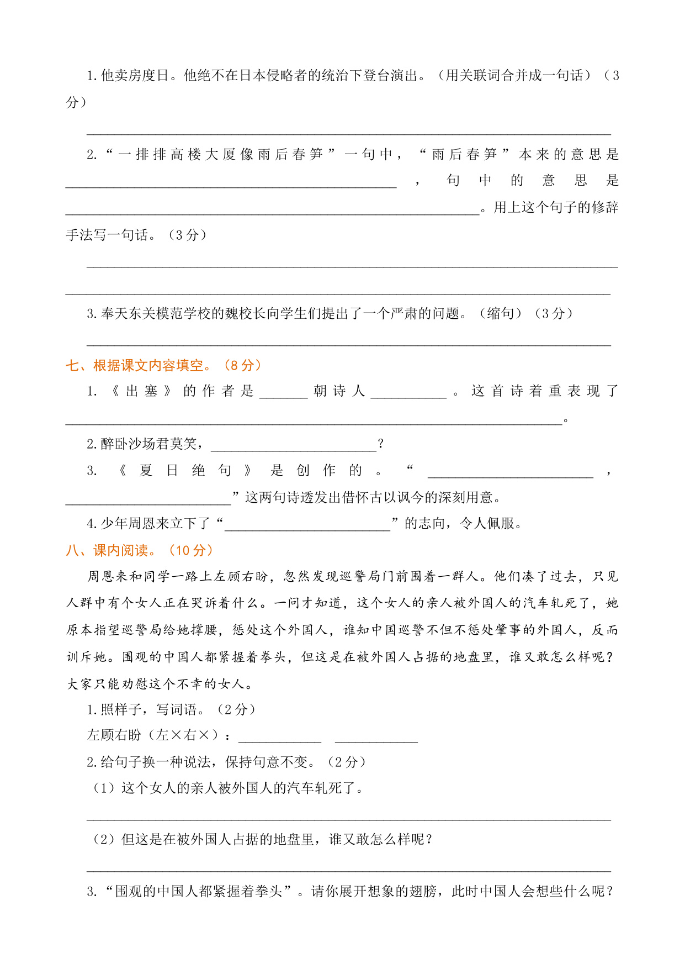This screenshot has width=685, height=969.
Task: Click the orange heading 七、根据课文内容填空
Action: (x=138, y=365)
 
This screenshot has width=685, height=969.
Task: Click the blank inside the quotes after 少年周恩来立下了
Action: (x=307, y=525)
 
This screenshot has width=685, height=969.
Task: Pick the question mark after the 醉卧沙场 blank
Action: (x=380, y=444)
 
